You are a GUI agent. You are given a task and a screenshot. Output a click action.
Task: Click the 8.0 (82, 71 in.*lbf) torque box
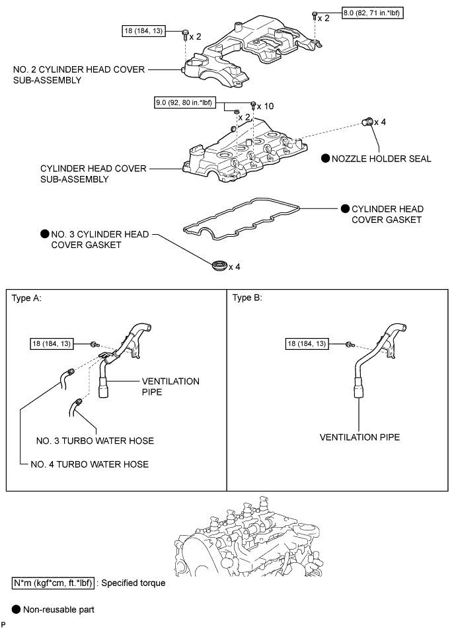pyautogui.click(x=372, y=13)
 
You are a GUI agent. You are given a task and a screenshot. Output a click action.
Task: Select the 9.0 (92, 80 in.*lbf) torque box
pyautogui.click(x=184, y=103)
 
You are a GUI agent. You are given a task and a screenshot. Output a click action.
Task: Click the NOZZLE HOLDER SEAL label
pyautogui.click(x=381, y=159)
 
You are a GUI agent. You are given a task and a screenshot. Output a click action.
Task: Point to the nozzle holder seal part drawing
pyautogui.click(x=367, y=121)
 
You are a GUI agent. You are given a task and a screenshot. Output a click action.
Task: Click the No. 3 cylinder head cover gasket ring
pyautogui.click(x=219, y=265)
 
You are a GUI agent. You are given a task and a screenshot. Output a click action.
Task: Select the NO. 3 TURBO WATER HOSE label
pyautogui.click(x=95, y=441)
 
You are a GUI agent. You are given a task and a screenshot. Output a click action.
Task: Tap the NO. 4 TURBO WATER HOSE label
pyautogui.click(x=89, y=464)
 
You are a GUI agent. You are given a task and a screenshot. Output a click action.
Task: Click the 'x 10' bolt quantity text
pyautogui.click(x=265, y=106)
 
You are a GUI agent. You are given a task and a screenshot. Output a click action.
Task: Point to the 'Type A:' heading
pyautogui.click(x=26, y=298)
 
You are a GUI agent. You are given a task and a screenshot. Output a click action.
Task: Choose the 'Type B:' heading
pyautogui.click(x=247, y=298)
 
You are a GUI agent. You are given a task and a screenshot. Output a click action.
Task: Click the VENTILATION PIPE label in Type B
pyautogui.click(x=360, y=437)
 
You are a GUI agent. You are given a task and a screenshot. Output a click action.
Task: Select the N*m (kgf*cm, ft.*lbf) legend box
pyautogui.click(x=54, y=583)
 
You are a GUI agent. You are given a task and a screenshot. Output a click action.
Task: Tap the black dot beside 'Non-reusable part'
pyautogui.click(x=16, y=610)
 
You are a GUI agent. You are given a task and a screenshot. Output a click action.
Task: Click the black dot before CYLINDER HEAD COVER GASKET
pyautogui.click(x=345, y=208)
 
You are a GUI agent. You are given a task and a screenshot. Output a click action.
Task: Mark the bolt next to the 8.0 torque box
pyautogui.click(x=315, y=16)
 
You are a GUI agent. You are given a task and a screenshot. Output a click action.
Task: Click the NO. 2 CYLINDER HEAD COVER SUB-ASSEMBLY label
pyautogui.click(x=79, y=75)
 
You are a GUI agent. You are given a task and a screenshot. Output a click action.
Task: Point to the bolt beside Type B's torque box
pyautogui.click(x=348, y=344)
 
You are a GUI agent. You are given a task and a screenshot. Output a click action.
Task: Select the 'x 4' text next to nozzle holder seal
pyautogui.click(x=380, y=122)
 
